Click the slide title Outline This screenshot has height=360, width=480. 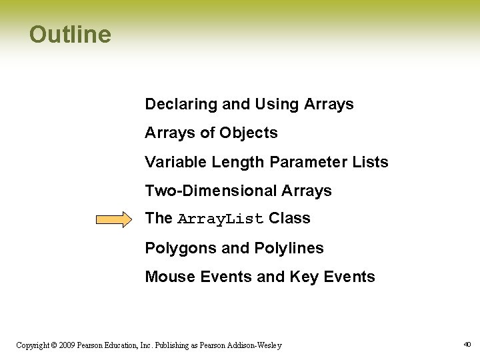tap(70, 34)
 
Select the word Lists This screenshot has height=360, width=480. tap(371, 162)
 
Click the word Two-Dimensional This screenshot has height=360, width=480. tap(211, 191)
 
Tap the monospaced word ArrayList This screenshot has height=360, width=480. tap(221, 219)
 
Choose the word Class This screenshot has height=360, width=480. tap(289, 219)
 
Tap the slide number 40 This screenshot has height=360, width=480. tap(467, 345)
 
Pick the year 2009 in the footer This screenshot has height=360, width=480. tap(67, 345)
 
